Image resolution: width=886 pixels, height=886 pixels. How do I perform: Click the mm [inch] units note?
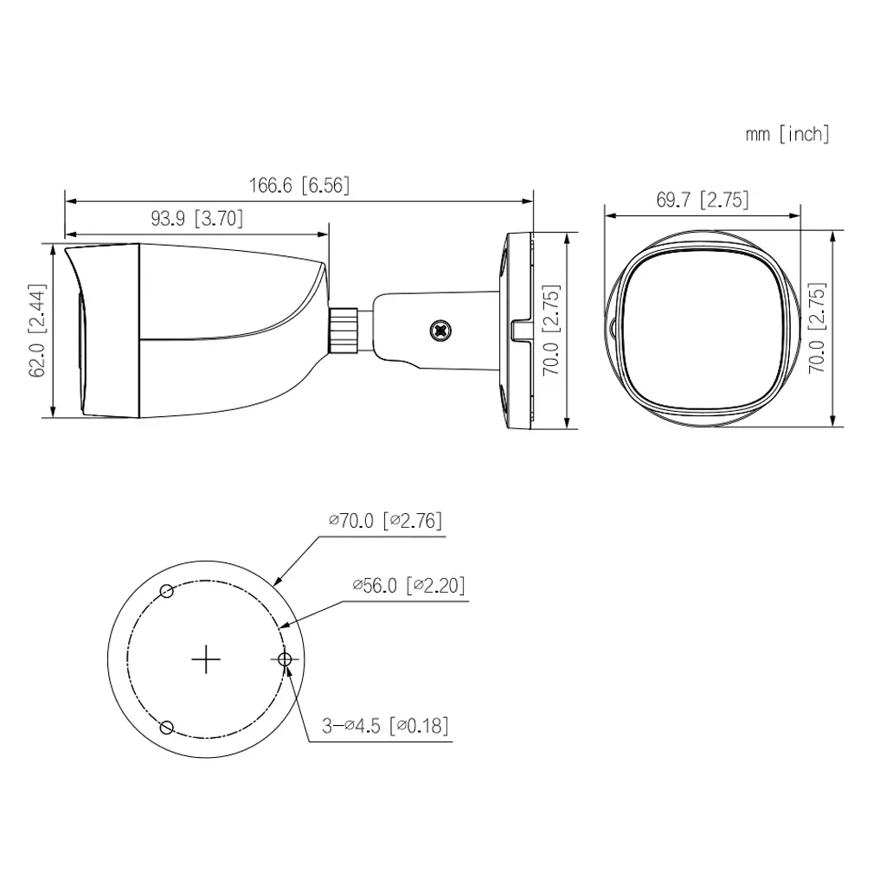pos(786,134)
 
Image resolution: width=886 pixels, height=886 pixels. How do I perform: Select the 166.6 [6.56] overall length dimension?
pos(299,185)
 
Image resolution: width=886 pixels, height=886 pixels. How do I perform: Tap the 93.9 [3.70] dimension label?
pos(196,219)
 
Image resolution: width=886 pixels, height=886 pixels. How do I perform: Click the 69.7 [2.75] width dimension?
pos(702,200)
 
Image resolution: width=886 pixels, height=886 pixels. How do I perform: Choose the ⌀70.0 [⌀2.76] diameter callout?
pos(385,520)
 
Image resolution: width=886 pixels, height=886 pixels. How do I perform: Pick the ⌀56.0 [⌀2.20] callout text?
pos(408,586)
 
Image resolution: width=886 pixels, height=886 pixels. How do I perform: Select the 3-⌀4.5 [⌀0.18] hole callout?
pos(385,725)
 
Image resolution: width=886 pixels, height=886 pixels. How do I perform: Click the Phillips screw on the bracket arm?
pos(440,330)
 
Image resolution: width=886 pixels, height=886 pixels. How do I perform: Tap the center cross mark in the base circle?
pos(205,660)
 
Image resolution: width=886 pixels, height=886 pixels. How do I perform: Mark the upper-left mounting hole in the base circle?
pos(168,592)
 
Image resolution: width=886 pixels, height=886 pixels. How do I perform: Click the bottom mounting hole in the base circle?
pos(169,727)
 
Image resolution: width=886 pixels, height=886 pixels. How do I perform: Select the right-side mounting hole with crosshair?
pos(285,660)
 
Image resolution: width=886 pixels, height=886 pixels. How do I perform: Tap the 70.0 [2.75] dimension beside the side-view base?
pos(551,330)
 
